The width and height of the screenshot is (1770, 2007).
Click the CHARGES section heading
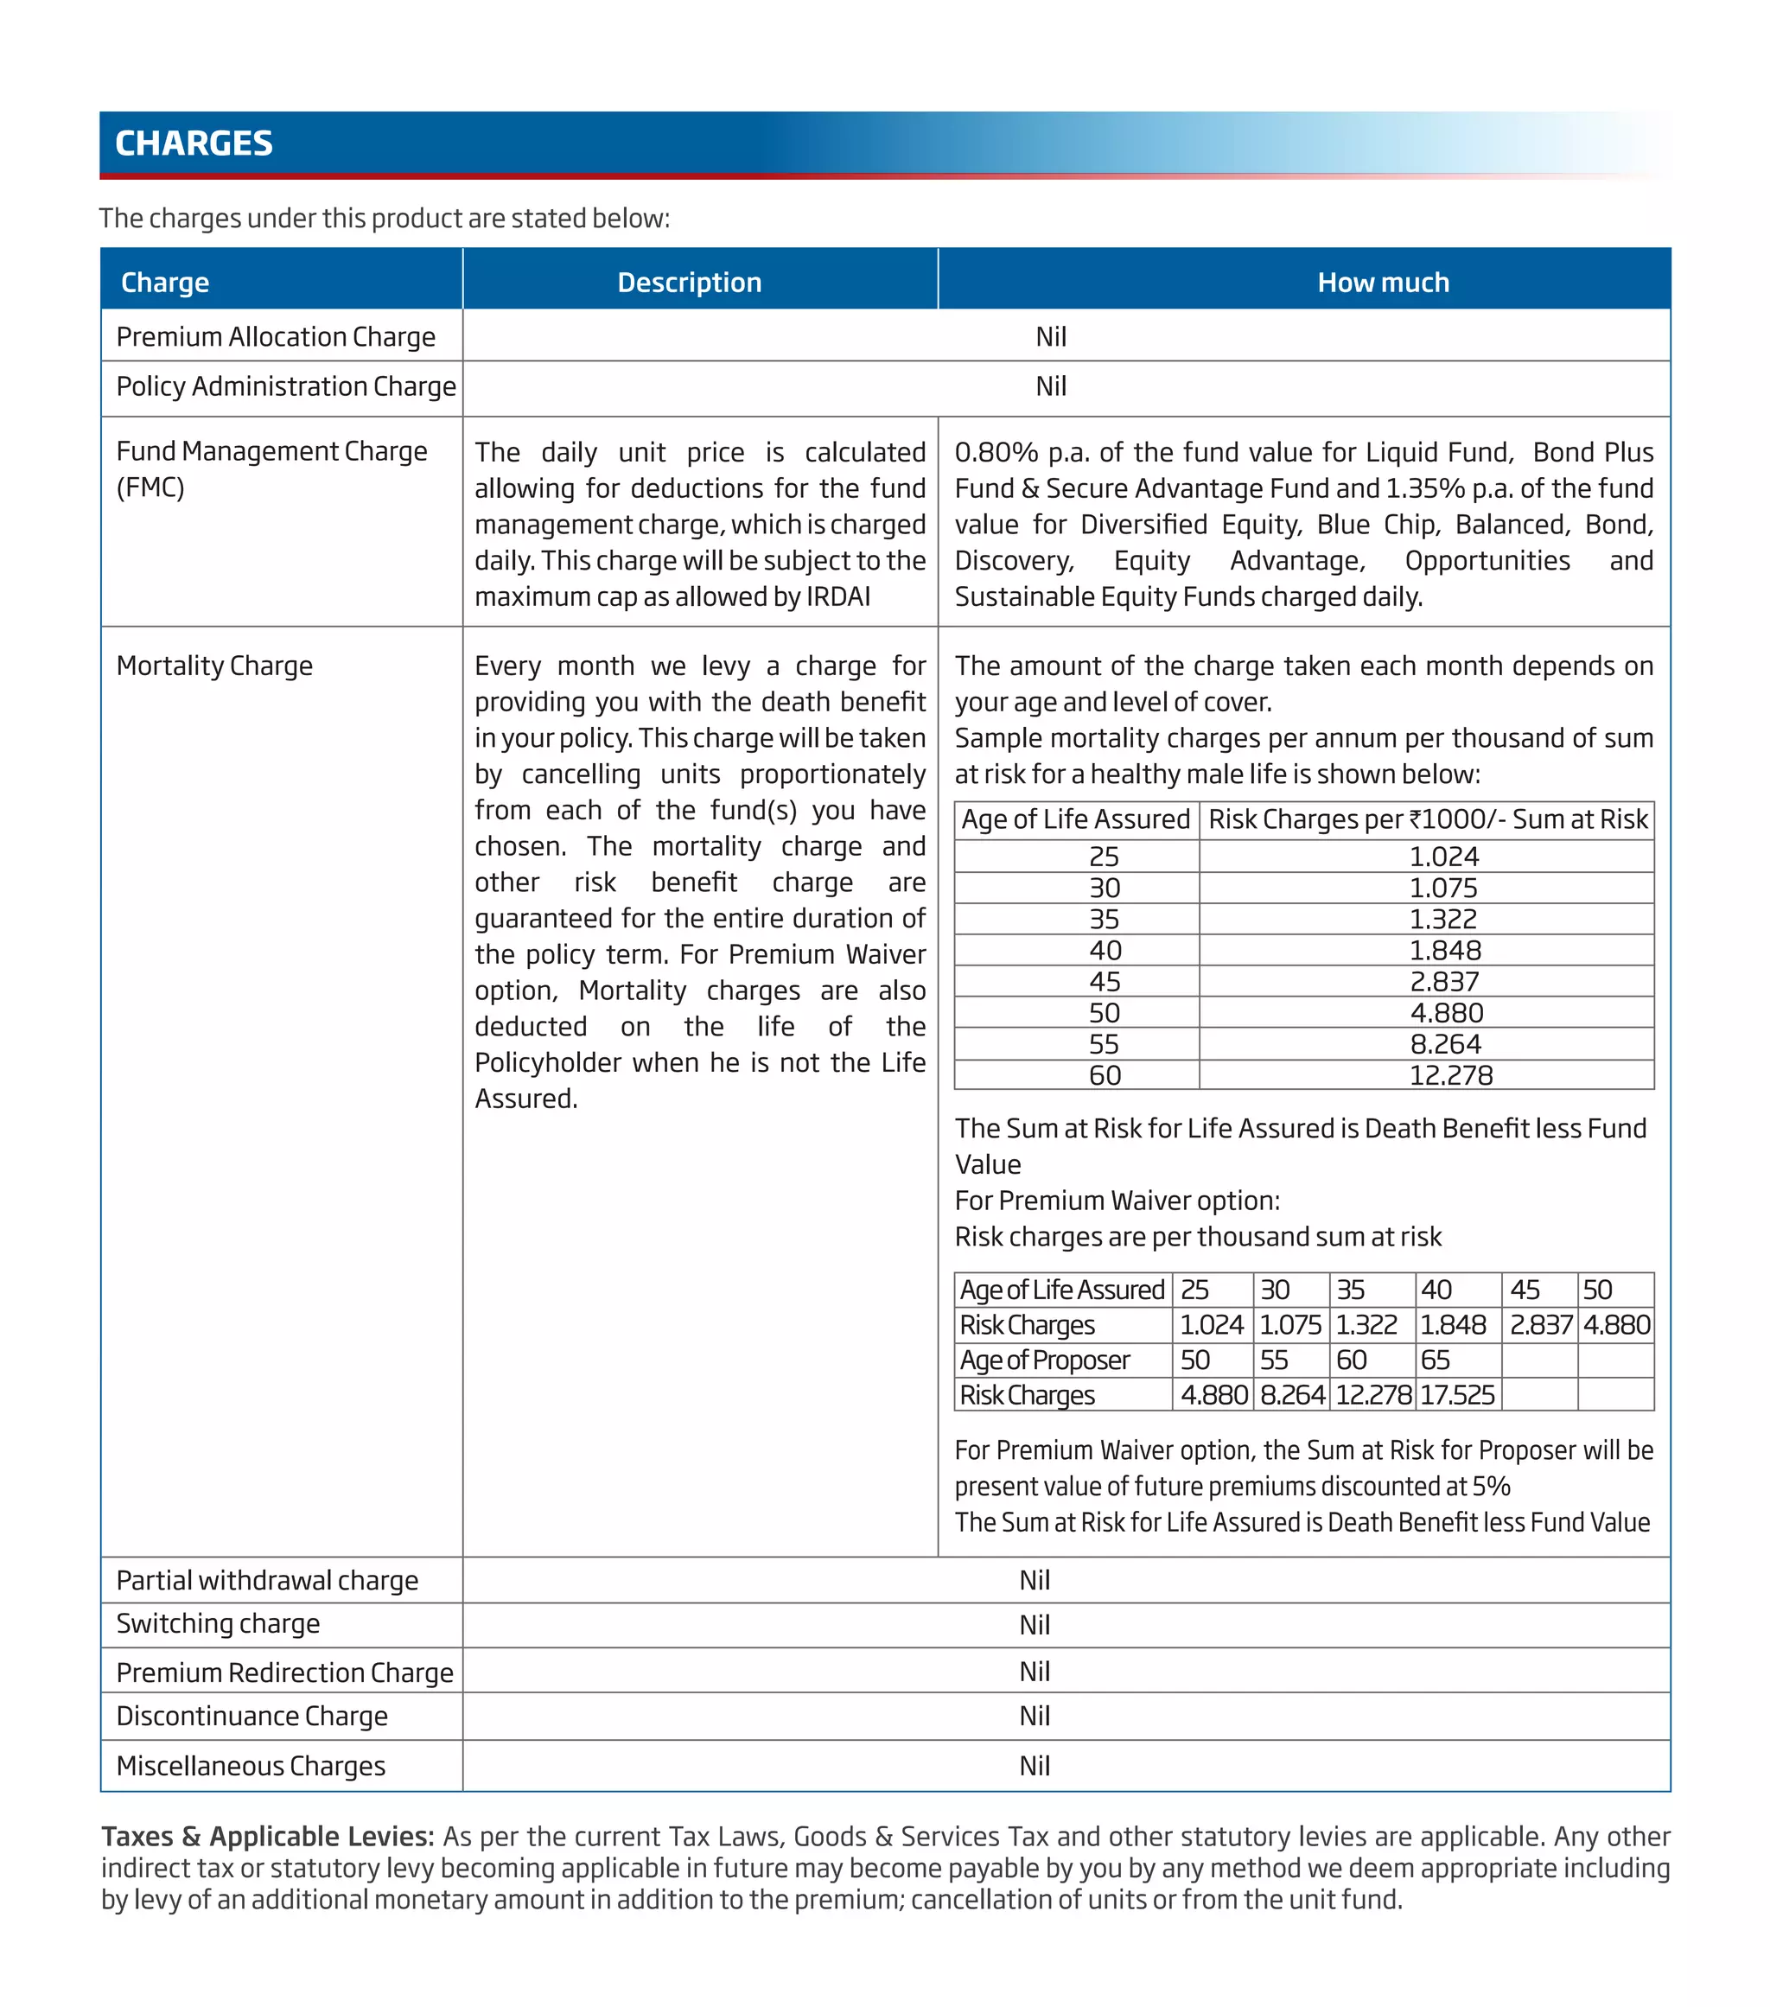pyautogui.click(x=194, y=143)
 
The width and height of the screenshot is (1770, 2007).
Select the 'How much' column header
pyautogui.click(x=1382, y=283)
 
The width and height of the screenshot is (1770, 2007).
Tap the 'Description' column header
pyautogui.click(x=689, y=283)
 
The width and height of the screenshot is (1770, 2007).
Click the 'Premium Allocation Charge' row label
pyautogui.click(x=276, y=337)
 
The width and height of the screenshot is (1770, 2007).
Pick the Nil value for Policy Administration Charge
pyautogui.click(x=1050, y=387)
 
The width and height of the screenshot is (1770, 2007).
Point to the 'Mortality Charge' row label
pyautogui.click(x=214, y=666)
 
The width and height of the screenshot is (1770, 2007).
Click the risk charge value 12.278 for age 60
pyautogui.click(x=1450, y=1075)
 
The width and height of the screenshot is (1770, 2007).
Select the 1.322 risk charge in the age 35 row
pyautogui.click(x=1442, y=919)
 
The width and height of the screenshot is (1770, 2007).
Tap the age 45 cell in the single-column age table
pyautogui.click(x=1105, y=982)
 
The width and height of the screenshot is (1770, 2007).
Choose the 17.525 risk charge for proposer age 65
pyautogui.click(x=1457, y=1395)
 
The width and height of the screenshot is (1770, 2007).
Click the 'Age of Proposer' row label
pyautogui.click(x=1045, y=1360)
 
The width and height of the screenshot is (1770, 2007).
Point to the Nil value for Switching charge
pyautogui.click(x=1034, y=1625)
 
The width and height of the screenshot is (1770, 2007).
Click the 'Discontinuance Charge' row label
pyautogui.click(x=252, y=1717)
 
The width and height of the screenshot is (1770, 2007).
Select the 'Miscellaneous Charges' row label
pyautogui.click(x=251, y=1766)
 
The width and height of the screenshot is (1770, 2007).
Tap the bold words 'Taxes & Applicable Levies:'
pyautogui.click(x=267, y=1836)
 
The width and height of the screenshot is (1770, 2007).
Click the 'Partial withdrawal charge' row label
pyautogui.click(x=267, y=1580)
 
